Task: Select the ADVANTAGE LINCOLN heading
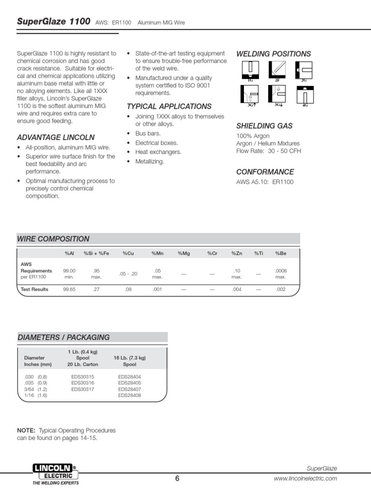coord(56,137)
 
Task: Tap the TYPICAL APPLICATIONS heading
coord(169,106)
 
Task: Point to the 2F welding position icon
coord(277,71)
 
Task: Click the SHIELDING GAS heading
coord(264,126)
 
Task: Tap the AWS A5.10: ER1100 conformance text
coord(265,182)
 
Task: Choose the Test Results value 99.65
coord(70,290)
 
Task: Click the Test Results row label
coord(34,290)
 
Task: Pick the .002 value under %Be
coord(281,290)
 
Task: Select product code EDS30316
coord(83,382)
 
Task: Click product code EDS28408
coord(129,395)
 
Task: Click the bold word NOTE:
coord(26,430)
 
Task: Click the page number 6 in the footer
coord(177,479)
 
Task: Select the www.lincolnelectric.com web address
coord(305,479)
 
